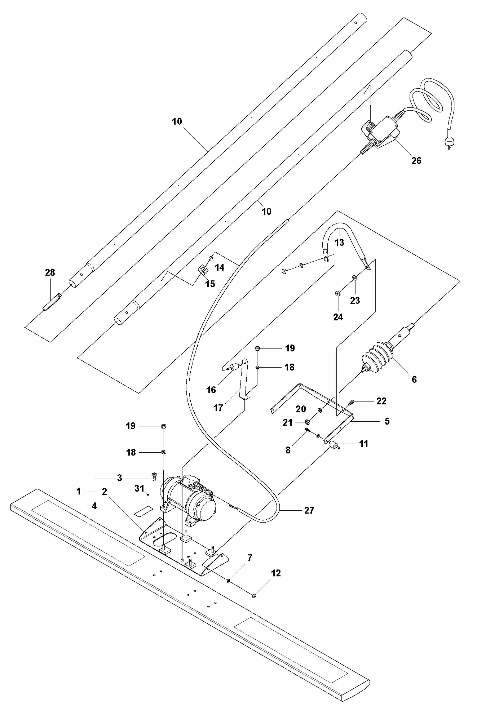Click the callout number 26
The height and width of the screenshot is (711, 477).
[x=416, y=161]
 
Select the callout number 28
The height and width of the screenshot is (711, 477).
[x=50, y=273]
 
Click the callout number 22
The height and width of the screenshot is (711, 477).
[x=381, y=401]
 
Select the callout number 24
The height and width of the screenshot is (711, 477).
[x=338, y=317]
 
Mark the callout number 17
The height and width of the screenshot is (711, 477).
[x=218, y=408]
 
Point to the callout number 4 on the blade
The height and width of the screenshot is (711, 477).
[x=94, y=507]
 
